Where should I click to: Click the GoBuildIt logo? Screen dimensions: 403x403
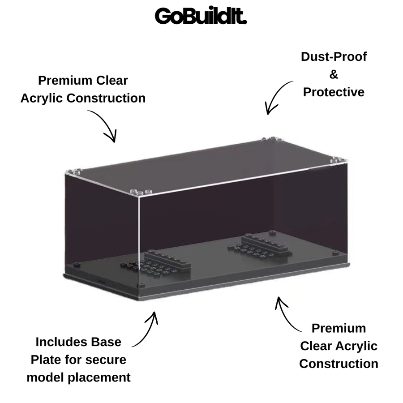201,16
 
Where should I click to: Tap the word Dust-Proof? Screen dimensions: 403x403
334,57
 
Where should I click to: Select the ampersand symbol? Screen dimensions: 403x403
334,74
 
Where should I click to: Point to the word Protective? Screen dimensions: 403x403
334,92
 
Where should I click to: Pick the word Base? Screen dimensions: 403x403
106,342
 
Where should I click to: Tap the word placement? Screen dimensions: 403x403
99,378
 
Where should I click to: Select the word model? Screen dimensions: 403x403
45,377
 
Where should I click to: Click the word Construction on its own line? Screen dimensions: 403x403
339,364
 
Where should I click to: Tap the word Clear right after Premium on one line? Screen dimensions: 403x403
112,81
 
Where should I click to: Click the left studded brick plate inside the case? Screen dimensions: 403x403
156,263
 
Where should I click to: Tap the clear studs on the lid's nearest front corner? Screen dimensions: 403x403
141,192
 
